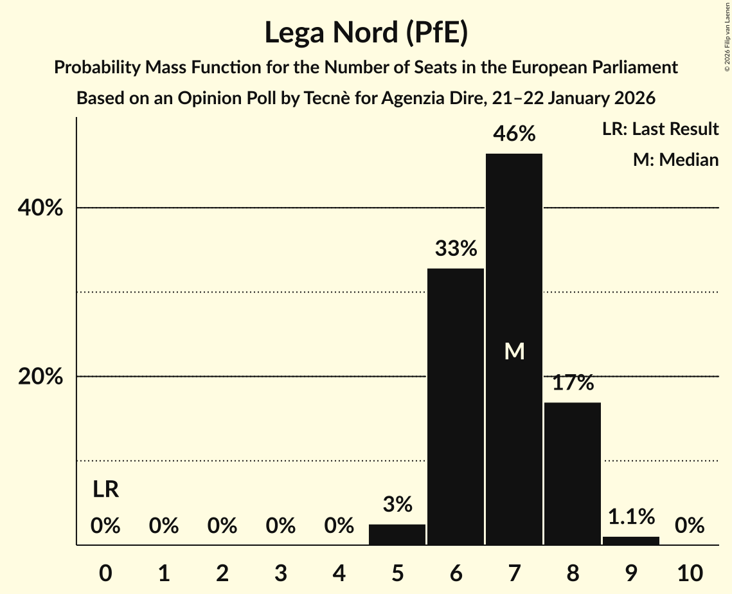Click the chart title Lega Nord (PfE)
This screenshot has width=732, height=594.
click(366, 33)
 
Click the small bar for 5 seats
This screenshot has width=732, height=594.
click(397, 535)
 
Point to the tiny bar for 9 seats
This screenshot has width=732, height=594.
click(631, 541)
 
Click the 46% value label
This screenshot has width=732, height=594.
click(514, 134)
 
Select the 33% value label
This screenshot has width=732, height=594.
click(456, 248)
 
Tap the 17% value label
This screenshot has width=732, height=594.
click(573, 383)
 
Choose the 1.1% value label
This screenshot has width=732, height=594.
click(631, 516)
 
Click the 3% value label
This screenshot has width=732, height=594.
click(397, 505)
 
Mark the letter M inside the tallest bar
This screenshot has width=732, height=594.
click(514, 351)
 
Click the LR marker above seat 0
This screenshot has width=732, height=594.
click(105, 490)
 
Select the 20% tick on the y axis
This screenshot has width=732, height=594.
click(40, 377)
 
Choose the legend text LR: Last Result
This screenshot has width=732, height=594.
click(660, 129)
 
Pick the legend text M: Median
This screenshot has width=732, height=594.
click(675, 159)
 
